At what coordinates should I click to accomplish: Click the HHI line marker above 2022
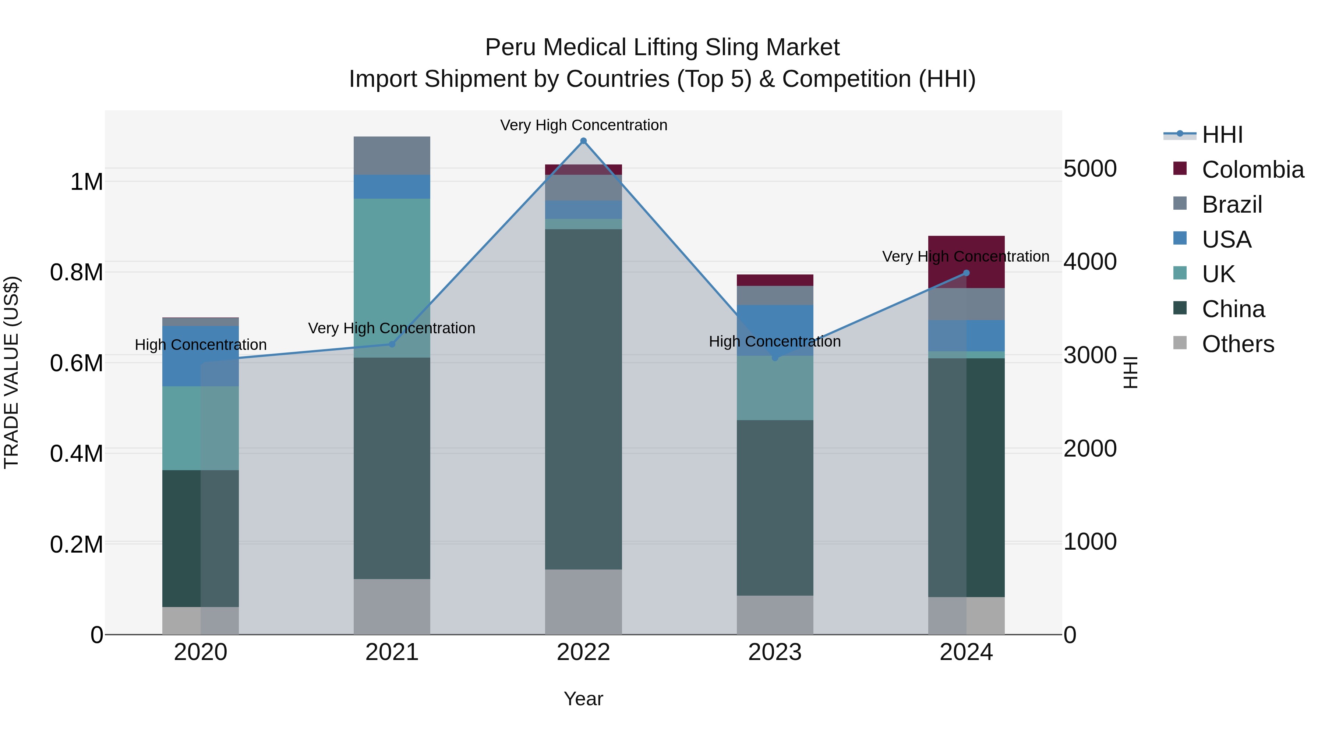(583, 141)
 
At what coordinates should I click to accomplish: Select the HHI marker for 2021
(392, 344)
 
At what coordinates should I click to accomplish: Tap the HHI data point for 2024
(966, 273)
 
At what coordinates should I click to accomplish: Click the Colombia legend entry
(1252, 170)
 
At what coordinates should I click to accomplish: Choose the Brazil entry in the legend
(1232, 205)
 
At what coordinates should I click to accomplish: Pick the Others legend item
(1237, 344)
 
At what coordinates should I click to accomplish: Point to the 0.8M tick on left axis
(77, 273)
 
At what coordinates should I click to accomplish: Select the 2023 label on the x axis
(775, 652)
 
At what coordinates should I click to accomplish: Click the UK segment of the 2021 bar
(392, 278)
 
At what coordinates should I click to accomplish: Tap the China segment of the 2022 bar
(583, 398)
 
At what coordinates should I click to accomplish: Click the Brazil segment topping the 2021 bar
(392, 155)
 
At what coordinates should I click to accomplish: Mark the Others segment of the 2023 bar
(775, 614)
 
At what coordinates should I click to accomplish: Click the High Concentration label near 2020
(201, 344)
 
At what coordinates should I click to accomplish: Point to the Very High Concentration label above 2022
(583, 125)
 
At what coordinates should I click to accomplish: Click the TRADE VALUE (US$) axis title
(11, 372)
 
